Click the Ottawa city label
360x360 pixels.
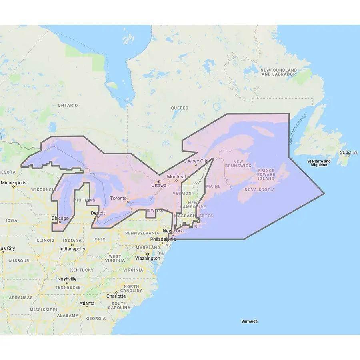[159, 186]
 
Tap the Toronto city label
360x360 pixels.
[118, 198]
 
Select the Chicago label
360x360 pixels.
[60, 218]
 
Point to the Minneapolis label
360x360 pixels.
[13, 183]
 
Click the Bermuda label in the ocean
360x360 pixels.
[249, 321]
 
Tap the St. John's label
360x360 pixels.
[348, 152]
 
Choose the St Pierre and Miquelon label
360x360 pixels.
[319, 163]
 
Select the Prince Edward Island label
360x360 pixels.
[266, 174]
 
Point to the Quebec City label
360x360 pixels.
[196, 161]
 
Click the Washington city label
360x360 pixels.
[148, 258]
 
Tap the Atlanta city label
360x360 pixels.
[87, 304]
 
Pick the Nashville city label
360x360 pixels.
[67, 279]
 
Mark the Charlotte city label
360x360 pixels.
[116, 296]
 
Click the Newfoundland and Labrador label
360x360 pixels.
[278, 72]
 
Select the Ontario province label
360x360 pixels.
[68, 105]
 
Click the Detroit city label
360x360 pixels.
[98, 213]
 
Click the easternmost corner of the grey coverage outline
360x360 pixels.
[324, 194]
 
